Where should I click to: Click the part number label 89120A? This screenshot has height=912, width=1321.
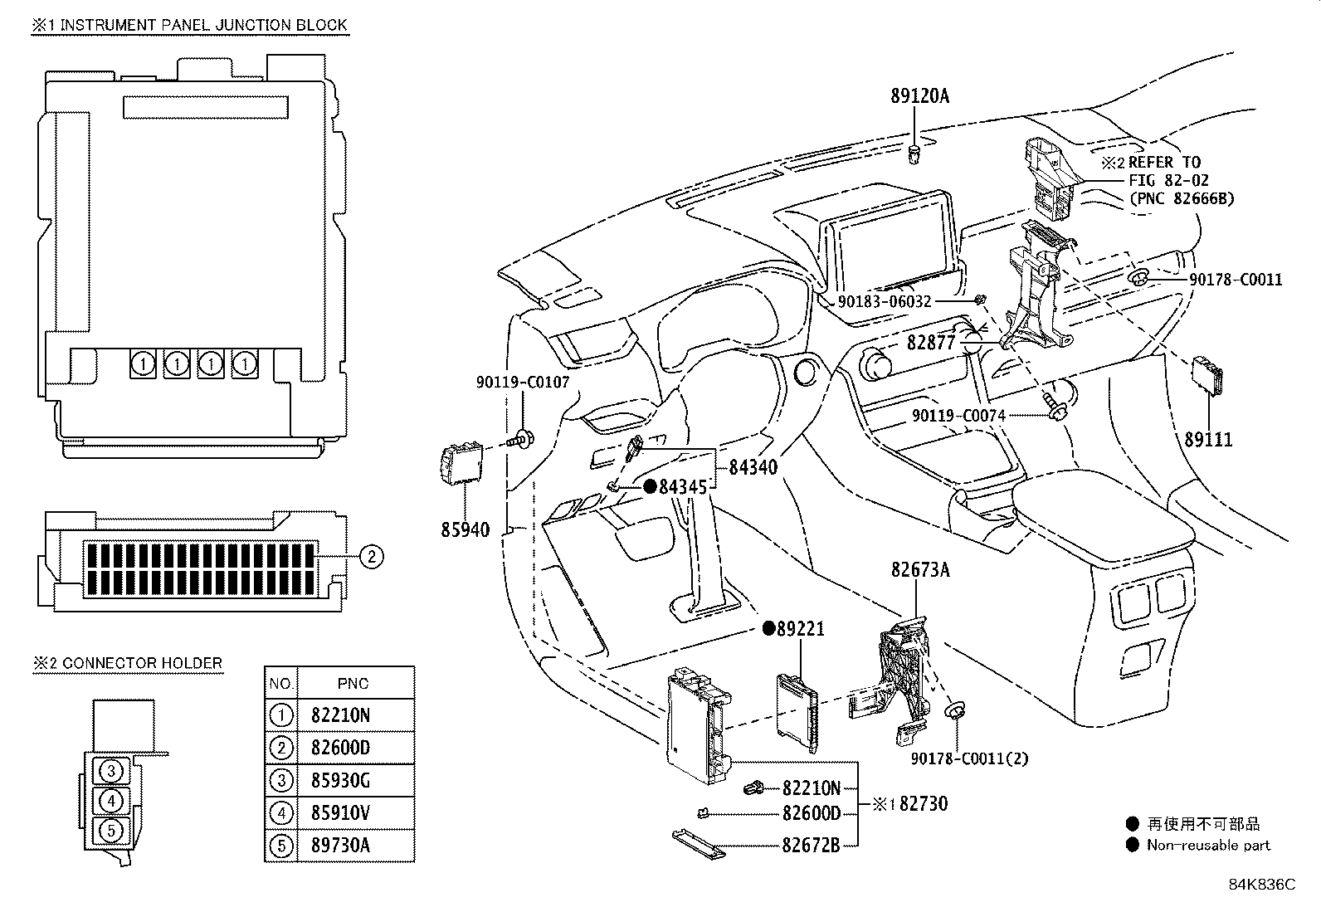click(919, 96)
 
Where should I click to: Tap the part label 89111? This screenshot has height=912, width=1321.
click(1208, 440)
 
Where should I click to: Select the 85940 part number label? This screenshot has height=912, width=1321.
click(465, 529)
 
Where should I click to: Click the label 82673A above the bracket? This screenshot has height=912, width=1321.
click(920, 570)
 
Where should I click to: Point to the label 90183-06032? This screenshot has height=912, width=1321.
click(884, 302)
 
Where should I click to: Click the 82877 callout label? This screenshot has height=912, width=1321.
click(931, 341)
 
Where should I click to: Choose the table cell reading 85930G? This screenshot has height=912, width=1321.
click(340, 780)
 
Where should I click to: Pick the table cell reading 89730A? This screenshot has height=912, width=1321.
click(340, 845)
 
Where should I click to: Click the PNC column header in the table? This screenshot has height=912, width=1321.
click(353, 684)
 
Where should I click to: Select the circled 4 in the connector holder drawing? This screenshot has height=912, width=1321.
click(111, 801)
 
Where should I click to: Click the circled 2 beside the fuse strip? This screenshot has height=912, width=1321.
click(372, 556)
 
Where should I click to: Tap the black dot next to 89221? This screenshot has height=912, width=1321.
click(768, 628)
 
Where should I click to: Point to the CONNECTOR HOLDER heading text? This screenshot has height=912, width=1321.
click(142, 663)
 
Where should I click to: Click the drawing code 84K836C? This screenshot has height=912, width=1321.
click(1261, 884)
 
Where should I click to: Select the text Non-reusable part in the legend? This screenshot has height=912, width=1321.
click(1208, 845)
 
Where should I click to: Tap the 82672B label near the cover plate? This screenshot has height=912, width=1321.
click(810, 845)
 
